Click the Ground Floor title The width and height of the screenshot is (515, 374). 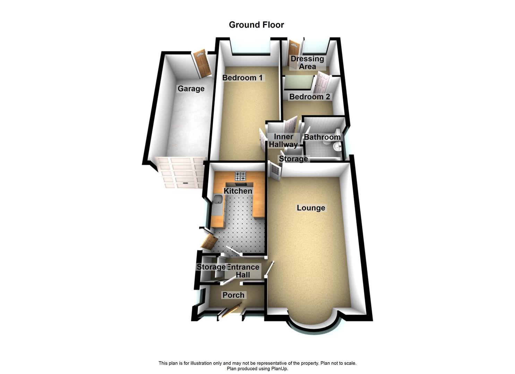point(256,25)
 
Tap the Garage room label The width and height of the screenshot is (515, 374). point(191,89)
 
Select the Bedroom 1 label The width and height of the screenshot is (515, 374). point(242,78)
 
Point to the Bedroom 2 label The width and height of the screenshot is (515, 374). point(310,97)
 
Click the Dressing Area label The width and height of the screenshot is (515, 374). point(307,63)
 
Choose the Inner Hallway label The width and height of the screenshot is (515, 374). point(283,141)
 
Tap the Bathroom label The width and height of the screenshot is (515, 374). point(322,137)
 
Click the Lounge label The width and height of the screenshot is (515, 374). point(311,208)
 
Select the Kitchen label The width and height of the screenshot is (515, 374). point(238,191)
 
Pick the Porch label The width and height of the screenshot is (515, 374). point(233,295)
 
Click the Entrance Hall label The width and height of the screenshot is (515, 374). point(243,271)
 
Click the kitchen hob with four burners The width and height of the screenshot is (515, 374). point(240,177)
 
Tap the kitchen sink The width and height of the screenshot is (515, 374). point(218,200)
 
